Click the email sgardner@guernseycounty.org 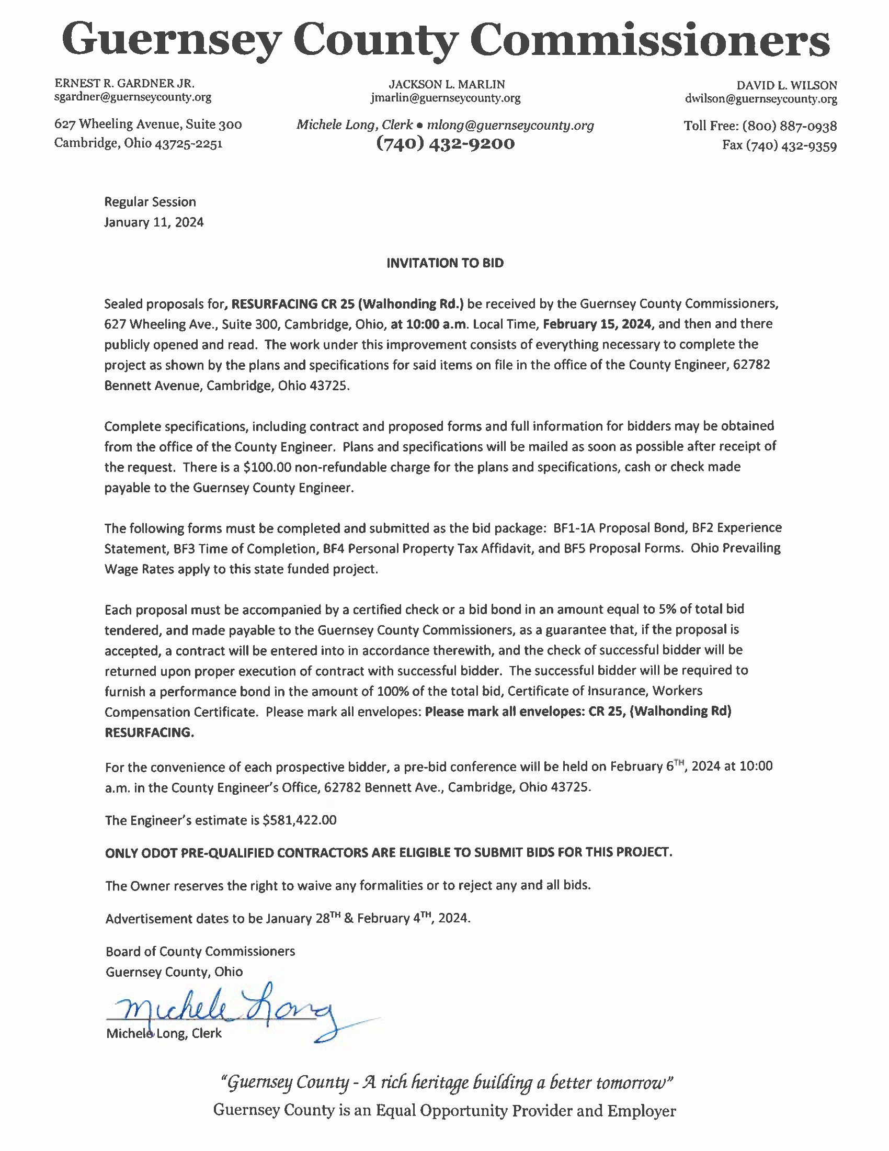133,97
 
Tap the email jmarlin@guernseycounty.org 445,98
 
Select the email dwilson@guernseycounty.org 760,98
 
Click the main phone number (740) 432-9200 445,143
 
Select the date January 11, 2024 154,222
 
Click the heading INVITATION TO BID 445,263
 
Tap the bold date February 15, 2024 598,323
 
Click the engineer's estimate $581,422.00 299,820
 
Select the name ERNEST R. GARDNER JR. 125,83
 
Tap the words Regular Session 150,202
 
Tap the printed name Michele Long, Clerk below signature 164,1033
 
